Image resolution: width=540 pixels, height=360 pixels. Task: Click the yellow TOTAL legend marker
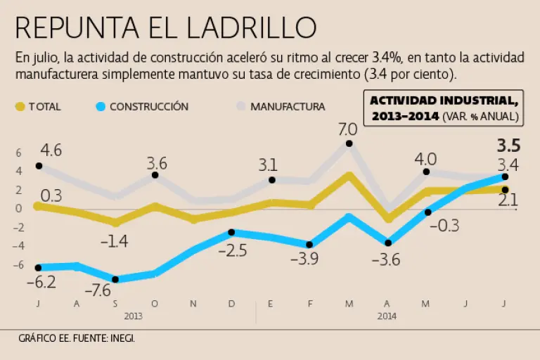pyautogui.click(x=20, y=107)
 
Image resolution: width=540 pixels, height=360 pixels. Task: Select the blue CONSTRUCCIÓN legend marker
pyautogui.click(x=100, y=107)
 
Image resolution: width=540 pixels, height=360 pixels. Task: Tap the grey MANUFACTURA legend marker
pyautogui.click(x=240, y=107)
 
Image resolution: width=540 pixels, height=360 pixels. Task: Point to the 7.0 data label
pyautogui.click(x=348, y=129)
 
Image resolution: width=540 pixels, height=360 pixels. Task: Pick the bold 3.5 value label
pyautogui.click(x=508, y=147)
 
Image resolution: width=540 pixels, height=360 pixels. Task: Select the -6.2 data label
pyautogui.click(x=41, y=282)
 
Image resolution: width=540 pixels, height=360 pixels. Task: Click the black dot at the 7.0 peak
pyautogui.click(x=349, y=144)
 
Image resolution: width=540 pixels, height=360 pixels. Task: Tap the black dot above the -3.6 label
pyautogui.click(x=387, y=243)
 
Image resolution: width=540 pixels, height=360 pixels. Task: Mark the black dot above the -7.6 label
pyautogui.click(x=115, y=279)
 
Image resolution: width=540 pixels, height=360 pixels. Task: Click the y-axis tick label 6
pyautogui.click(x=19, y=152)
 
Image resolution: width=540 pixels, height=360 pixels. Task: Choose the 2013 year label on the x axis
pyautogui.click(x=134, y=316)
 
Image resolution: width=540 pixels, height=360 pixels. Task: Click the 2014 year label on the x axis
pyautogui.click(x=387, y=316)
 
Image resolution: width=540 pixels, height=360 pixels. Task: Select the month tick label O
pyautogui.click(x=155, y=304)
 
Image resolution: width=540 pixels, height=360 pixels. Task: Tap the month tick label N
pyautogui.click(x=193, y=304)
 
